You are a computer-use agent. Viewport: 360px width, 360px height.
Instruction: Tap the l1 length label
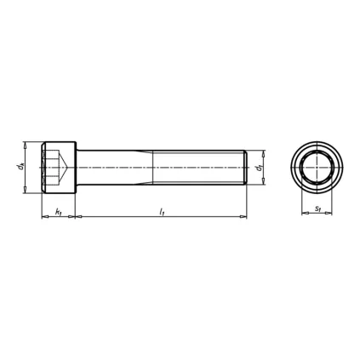click(x=161, y=210)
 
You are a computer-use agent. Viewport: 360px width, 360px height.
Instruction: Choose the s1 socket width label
click(x=317, y=207)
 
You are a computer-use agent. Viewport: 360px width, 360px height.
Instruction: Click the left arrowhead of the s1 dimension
click(x=303, y=214)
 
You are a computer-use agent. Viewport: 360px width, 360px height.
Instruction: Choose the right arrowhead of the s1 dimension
click(x=329, y=214)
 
